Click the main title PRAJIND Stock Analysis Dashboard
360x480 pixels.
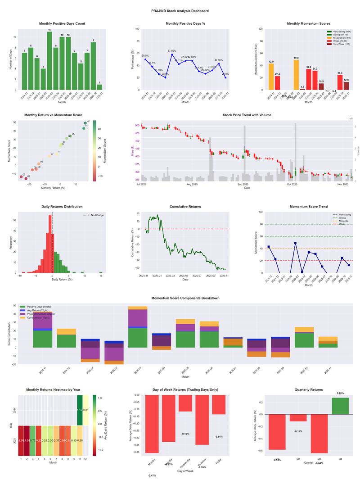pyautogui.click(x=180, y=10)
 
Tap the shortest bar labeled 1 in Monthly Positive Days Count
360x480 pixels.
pyautogui.click(x=99, y=87)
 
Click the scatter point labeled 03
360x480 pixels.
pyautogui.click(x=85, y=123)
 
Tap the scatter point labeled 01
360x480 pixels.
pyautogui.click(x=21, y=177)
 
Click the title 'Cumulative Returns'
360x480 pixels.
pyautogui.click(x=185, y=207)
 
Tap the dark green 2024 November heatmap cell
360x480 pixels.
pyautogui.click(x=80, y=410)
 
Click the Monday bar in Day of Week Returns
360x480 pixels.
pyautogui.click(x=152, y=424)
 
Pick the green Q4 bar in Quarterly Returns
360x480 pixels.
pyautogui.click(x=341, y=406)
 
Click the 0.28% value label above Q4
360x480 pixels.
pyautogui.click(x=341, y=394)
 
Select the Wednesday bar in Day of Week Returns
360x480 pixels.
pyautogui.click(x=185, y=403)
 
